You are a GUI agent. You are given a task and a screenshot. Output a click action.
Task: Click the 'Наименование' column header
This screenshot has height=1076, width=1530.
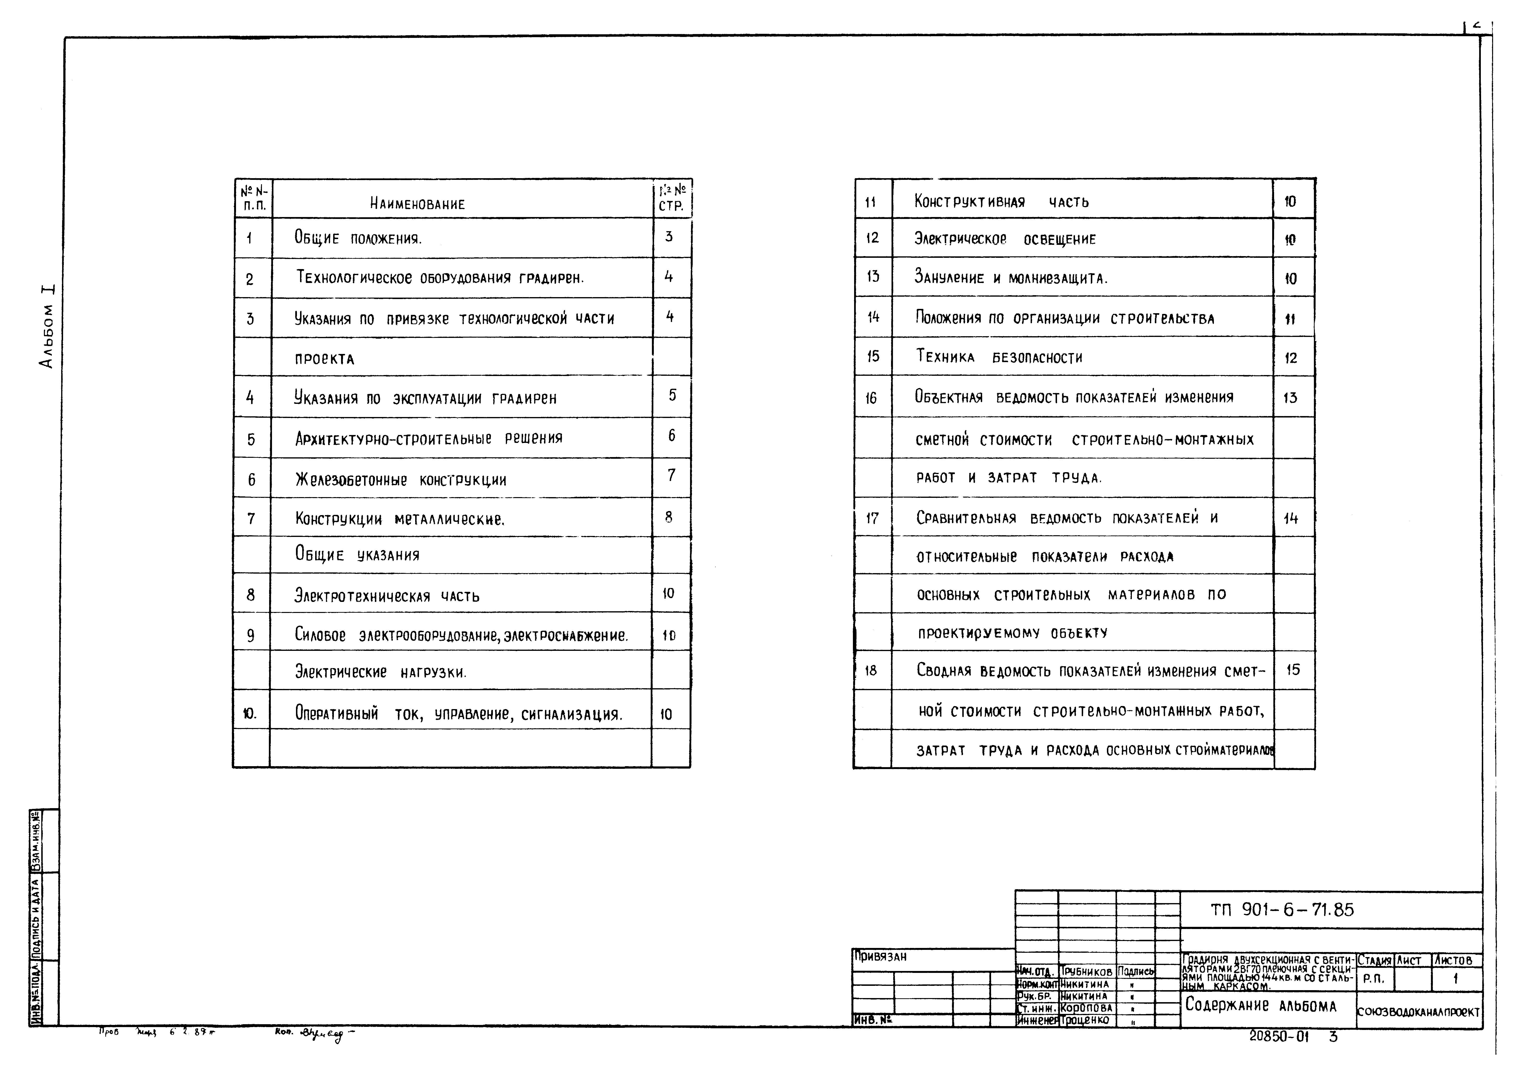(x=417, y=204)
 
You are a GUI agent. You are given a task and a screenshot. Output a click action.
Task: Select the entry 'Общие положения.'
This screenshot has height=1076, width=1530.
(x=358, y=238)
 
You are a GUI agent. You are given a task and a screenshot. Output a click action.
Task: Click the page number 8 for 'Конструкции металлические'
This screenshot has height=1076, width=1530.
(x=668, y=516)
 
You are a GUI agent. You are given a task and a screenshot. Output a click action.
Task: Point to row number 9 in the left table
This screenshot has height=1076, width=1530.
(x=251, y=636)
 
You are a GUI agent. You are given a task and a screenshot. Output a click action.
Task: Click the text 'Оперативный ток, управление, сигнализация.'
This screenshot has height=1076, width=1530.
(x=458, y=714)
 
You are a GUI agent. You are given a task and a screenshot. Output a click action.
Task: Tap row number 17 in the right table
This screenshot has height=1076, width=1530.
(x=872, y=518)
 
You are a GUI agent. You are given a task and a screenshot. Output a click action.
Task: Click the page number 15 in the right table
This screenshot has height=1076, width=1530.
(x=1293, y=670)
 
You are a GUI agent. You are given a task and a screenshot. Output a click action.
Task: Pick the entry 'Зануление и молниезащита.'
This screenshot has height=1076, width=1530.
(x=1010, y=278)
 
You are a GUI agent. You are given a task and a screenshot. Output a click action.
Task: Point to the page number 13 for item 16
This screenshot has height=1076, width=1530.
(x=1290, y=398)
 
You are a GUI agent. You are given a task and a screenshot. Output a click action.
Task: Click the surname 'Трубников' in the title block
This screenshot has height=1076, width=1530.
(x=1086, y=972)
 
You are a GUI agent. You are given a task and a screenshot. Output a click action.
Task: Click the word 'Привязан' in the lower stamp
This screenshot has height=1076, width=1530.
(x=880, y=957)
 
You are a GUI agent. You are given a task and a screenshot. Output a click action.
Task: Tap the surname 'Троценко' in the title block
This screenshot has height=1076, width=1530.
(x=1085, y=1020)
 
